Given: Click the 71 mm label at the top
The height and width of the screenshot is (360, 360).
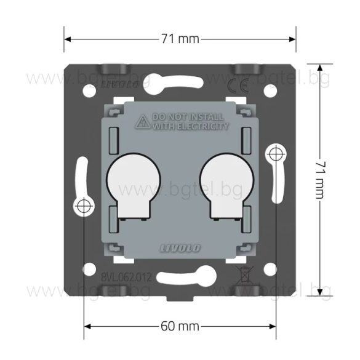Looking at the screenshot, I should (180, 39).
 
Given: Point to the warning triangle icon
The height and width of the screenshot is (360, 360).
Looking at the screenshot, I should (143, 121).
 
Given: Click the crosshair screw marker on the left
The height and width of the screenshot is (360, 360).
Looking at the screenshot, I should (84, 207).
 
